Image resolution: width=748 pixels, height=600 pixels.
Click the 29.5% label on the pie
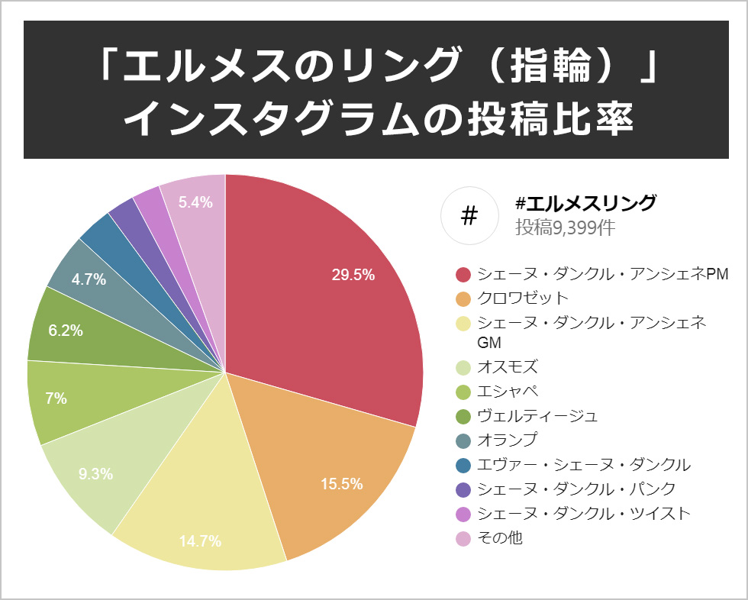[x=353, y=276]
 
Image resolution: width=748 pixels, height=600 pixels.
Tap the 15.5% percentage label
[x=341, y=484]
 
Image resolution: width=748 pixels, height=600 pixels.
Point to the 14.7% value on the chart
[x=200, y=541]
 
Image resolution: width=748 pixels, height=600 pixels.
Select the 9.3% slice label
[x=95, y=473]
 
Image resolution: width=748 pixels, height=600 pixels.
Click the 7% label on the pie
[x=56, y=398]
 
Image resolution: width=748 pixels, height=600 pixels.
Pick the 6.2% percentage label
[x=66, y=331]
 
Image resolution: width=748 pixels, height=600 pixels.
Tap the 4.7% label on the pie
[x=89, y=279]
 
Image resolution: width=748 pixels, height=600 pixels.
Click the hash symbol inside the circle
[x=469, y=216]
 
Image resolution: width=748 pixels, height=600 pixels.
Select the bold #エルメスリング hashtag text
[x=585, y=204]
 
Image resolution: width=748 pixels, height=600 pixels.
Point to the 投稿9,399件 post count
[x=565, y=227]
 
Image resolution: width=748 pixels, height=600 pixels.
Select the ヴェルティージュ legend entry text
[x=537, y=415]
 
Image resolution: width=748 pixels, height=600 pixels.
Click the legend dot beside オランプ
[x=463, y=440]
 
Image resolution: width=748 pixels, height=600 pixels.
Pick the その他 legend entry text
[x=499, y=537]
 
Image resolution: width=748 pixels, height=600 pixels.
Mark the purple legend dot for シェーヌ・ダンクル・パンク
[x=463, y=489]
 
